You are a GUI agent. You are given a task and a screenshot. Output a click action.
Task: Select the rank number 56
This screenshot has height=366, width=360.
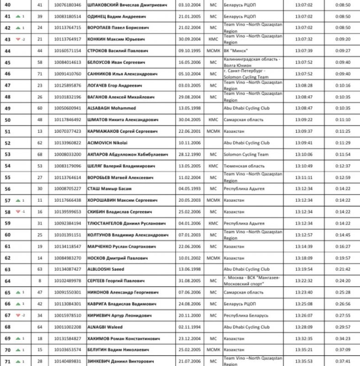point(7,188)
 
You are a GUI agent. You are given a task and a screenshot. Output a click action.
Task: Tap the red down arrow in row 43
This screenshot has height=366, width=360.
point(18,39)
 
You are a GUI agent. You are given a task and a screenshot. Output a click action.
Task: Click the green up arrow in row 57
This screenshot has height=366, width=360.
point(18,200)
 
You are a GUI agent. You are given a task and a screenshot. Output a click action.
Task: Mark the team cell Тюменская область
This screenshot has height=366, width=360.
point(244,166)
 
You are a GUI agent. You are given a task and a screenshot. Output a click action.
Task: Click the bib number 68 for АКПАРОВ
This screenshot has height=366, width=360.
point(40,154)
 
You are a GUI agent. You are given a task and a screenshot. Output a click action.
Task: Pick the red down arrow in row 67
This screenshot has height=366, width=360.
point(18,315)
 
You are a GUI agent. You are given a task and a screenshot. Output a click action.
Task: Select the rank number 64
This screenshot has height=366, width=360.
point(7,280)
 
